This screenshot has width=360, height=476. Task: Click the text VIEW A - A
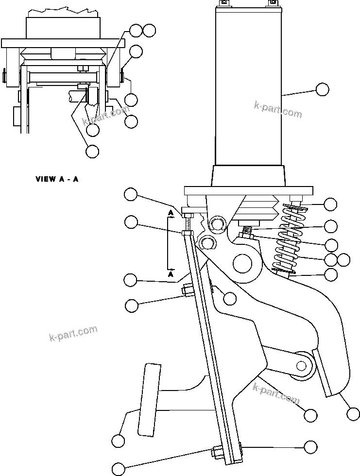(57, 179)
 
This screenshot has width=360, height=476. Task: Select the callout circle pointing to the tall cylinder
(322, 89)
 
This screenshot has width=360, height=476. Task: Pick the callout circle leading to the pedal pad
(118, 441)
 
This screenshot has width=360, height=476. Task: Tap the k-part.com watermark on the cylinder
(278, 109)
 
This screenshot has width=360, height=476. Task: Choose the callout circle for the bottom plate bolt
(119, 469)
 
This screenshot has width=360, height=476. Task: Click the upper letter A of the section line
(171, 213)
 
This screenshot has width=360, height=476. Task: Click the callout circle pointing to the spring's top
(330, 204)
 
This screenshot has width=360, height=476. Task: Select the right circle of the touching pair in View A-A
(150, 30)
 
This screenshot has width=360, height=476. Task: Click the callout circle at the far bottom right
(353, 413)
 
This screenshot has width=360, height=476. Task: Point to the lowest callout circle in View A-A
(92, 151)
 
